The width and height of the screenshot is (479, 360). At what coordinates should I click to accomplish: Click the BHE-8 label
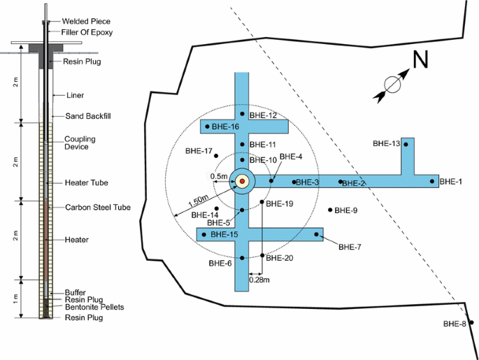(x=455, y=324)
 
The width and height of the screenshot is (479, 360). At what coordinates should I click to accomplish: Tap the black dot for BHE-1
(x=433, y=182)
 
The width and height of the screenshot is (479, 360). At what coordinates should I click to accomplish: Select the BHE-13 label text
(x=386, y=143)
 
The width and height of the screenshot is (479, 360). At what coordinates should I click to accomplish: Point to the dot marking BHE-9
(x=331, y=210)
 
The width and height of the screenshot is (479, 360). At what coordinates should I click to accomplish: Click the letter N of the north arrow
(x=420, y=62)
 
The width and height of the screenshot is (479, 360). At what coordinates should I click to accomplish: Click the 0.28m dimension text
(x=259, y=280)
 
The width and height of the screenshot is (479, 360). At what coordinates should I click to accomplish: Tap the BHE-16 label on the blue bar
(x=225, y=127)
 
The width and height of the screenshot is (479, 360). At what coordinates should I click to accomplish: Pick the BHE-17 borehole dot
(x=217, y=155)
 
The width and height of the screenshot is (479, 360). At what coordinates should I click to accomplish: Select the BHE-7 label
(x=349, y=247)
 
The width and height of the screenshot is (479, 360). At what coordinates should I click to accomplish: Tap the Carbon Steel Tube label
(x=97, y=208)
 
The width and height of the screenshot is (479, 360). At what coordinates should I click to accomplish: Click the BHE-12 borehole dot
(x=242, y=114)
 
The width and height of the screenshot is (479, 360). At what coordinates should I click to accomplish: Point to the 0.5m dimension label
(x=219, y=176)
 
